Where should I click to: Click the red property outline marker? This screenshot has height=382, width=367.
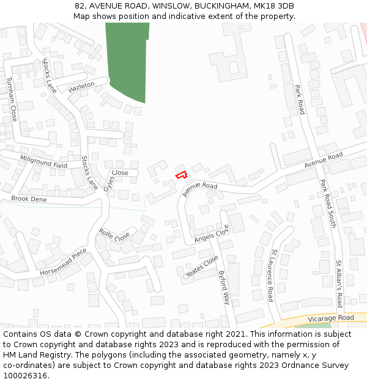(x=181, y=175)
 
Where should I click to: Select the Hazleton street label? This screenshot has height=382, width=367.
(x=81, y=86)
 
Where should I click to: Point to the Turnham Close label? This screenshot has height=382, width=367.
(x=11, y=100)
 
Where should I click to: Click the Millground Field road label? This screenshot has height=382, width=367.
(x=43, y=161)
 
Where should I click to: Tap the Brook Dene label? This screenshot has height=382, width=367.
(x=29, y=199)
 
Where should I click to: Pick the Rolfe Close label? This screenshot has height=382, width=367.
(x=114, y=234)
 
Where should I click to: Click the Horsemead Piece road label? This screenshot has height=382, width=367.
(x=64, y=262)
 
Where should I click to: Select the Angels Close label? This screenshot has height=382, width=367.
(x=212, y=233)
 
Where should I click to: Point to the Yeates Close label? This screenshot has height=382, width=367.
(x=202, y=266)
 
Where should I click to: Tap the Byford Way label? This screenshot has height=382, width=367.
(x=224, y=287)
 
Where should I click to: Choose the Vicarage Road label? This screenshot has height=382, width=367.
(x=330, y=318)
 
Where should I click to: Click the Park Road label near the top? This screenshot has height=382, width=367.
(x=300, y=99)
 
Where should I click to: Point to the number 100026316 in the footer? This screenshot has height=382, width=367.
(x=24, y=375)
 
